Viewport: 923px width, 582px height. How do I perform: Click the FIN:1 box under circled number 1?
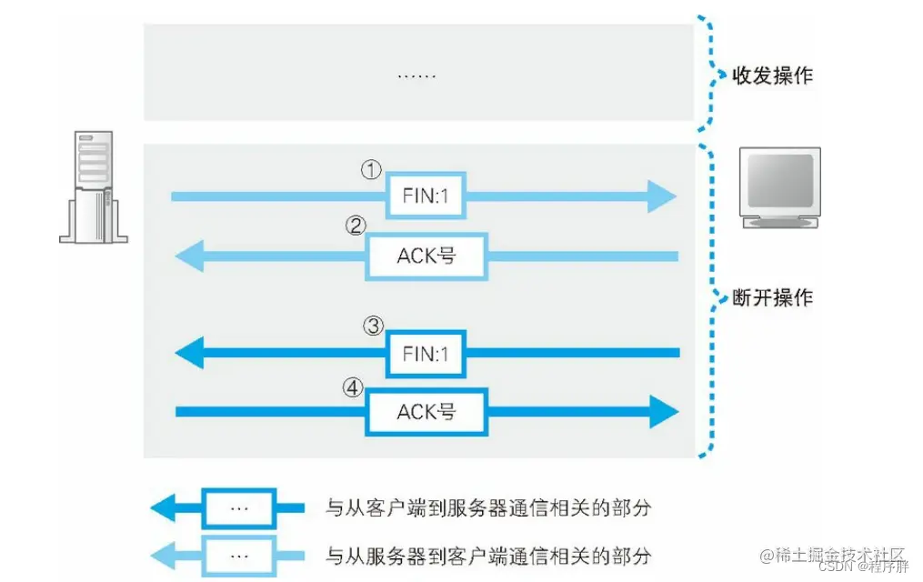click(426, 196)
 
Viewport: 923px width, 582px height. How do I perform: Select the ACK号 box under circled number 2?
click(426, 256)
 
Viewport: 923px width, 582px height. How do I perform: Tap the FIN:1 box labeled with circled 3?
click(426, 353)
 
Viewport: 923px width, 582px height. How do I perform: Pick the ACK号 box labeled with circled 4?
click(426, 413)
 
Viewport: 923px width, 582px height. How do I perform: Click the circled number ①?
click(371, 171)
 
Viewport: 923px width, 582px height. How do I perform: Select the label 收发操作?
click(772, 75)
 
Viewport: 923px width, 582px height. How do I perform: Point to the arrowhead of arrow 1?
click(662, 196)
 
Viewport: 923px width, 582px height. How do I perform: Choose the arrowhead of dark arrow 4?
click(664, 413)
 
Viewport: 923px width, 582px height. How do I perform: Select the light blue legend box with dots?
click(238, 555)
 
